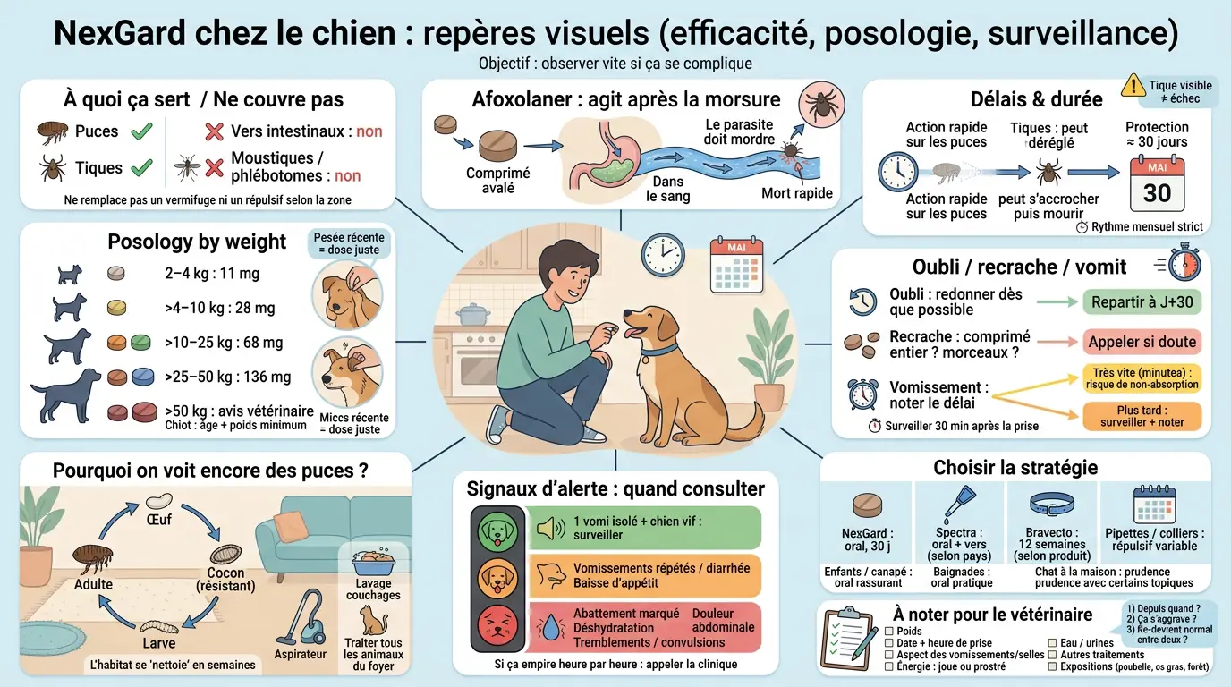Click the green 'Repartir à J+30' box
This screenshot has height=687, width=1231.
tap(1142, 302)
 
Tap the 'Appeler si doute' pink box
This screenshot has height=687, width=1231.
tap(1142, 342)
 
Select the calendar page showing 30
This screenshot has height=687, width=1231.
tap(1156, 184)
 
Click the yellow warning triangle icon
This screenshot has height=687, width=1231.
tap(1133, 86)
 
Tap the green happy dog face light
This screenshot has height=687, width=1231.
tap(498, 530)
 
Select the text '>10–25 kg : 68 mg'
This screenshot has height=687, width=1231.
tap(224, 343)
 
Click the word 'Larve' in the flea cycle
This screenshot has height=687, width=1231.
tap(159, 643)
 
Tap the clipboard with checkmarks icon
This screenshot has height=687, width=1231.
tap(846, 635)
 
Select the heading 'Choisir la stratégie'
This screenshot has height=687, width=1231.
tap(1015, 467)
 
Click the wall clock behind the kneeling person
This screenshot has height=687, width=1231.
tap(663, 256)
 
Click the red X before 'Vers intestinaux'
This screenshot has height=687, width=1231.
tap(214, 132)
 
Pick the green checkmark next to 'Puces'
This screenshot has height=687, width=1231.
tap(141, 132)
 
